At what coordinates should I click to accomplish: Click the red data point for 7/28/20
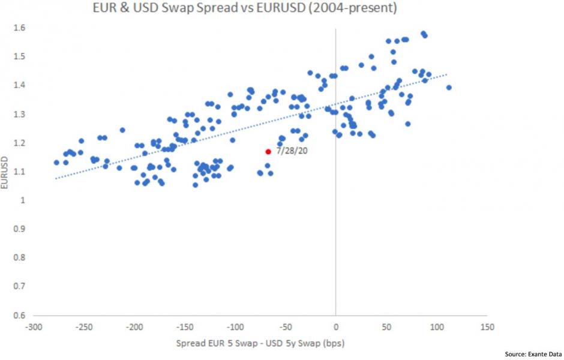click(x=268, y=152)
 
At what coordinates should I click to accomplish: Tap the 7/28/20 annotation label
click(x=292, y=151)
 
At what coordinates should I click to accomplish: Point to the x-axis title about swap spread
click(x=259, y=344)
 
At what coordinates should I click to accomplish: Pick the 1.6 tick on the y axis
click(x=22, y=28)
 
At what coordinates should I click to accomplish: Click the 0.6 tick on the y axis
click(x=22, y=316)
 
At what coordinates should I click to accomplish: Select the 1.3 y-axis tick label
click(x=22, y=114)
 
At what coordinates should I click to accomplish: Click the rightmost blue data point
click(x=448, y=88)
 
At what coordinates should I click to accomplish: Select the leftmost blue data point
click(x=56, y=163)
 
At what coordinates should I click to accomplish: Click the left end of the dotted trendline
click(x=56, y=178)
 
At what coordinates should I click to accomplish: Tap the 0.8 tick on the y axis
click(x=22, y=258)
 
